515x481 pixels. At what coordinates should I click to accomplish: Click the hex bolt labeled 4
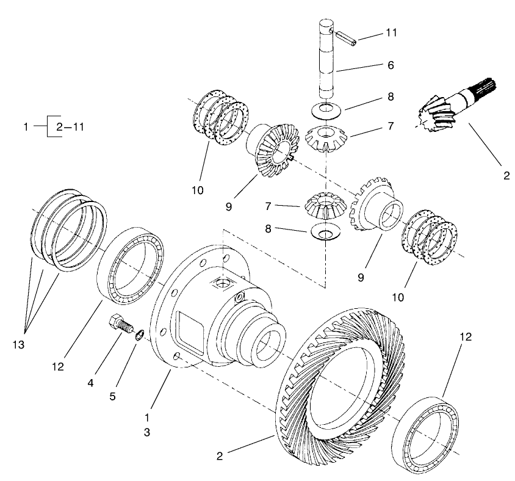point(120,324)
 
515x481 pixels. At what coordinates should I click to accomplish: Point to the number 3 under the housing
point(146,432)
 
